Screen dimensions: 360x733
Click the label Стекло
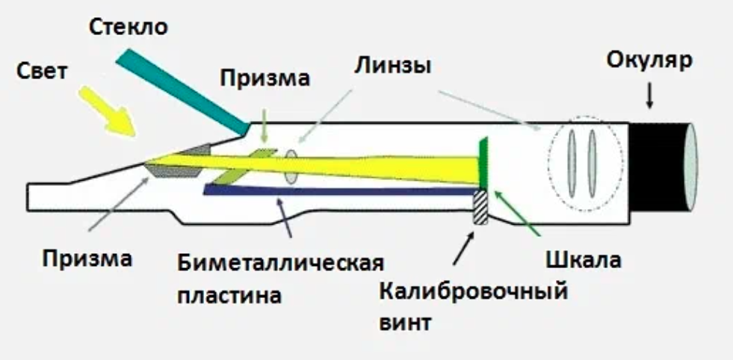(x=129, y=28)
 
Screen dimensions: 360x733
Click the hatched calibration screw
(x=480, y=208)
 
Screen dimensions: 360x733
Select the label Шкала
(x=589, y=261)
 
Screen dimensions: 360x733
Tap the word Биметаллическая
(x=281, y=264)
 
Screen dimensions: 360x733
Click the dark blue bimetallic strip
(x=336, y=192)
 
